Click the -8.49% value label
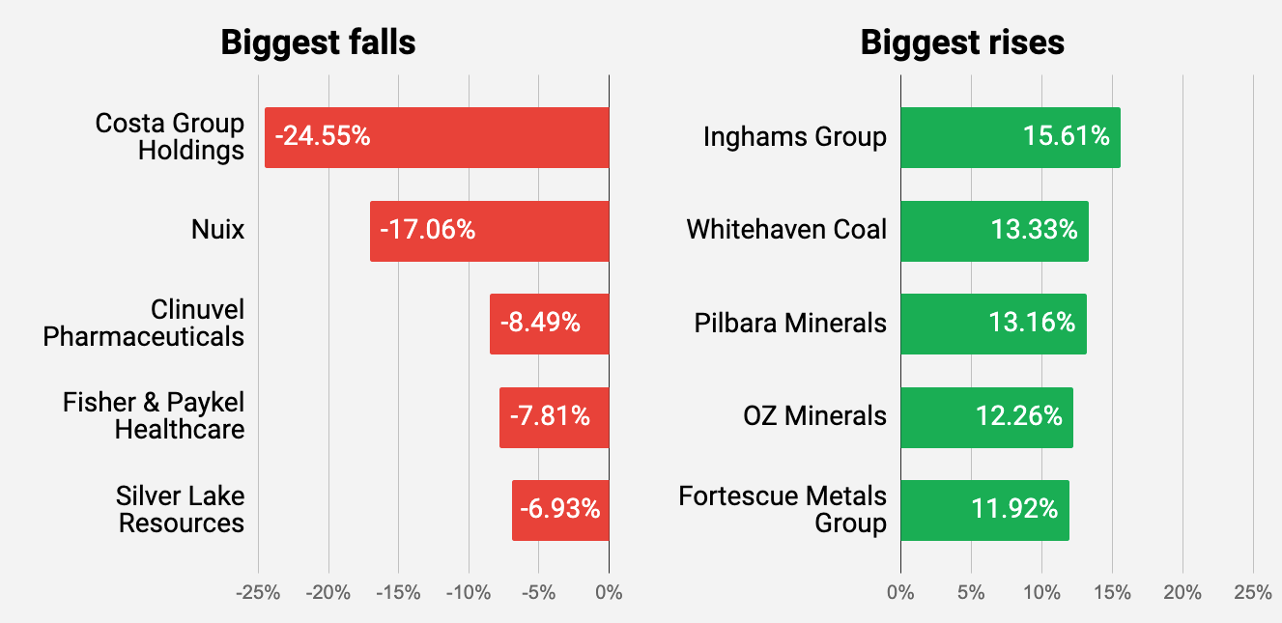[540, 323]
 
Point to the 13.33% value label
[1034, 230]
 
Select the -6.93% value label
[560, 509]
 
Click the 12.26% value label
[1019, 416]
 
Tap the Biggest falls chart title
[318, 42]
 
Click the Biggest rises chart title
[962, 42]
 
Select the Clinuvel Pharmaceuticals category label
[144, 323]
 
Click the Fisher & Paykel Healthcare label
[154, 416]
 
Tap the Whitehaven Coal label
[786, 230]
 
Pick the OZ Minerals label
[814, 416]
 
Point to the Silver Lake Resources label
[180, 509]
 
